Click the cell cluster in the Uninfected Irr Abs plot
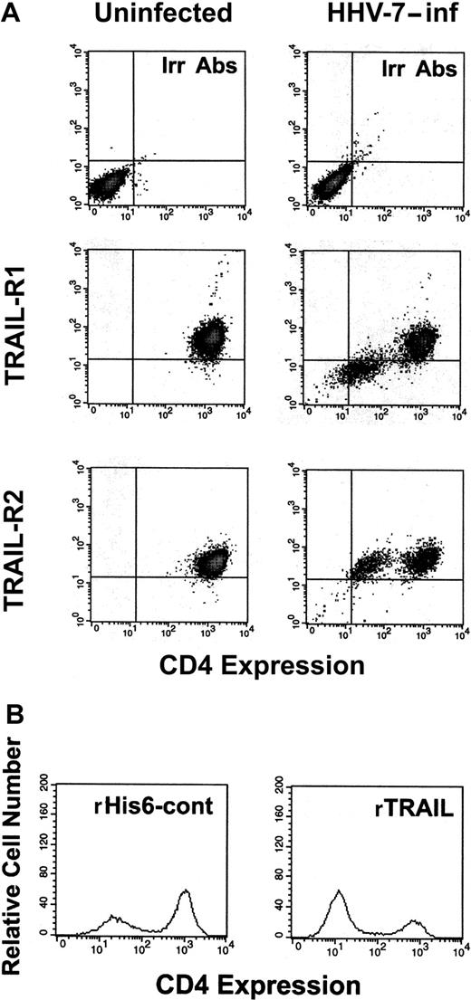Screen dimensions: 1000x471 coord(107,187)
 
